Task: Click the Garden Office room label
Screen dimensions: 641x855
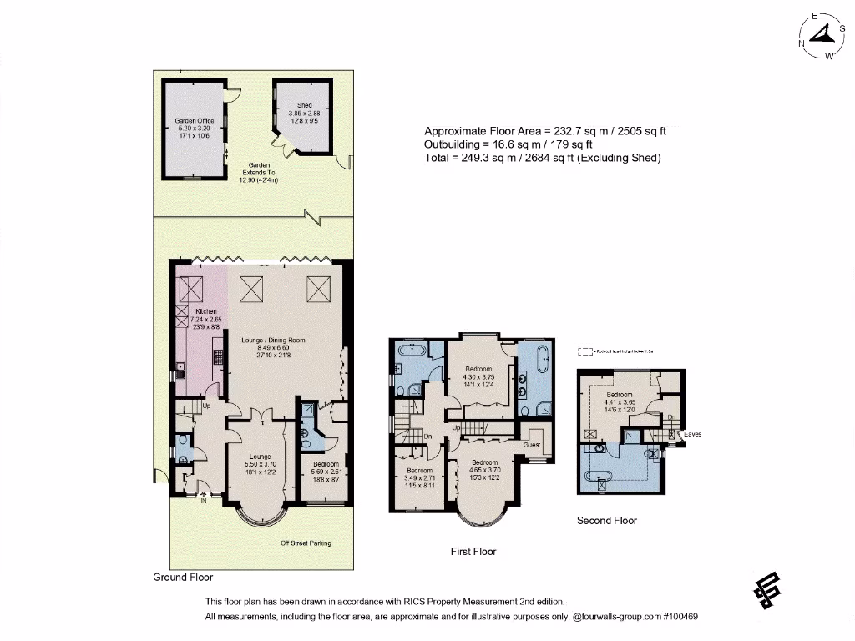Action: [194, 121]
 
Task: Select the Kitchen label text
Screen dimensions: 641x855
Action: [194, 311]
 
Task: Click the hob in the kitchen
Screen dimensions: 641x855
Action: [218, 357]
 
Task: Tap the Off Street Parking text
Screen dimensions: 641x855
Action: [306, 543]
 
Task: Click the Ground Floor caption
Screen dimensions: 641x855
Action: [183, 578]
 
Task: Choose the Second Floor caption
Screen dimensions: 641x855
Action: [607, 521]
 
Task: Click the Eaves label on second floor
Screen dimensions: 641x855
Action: [692, 435]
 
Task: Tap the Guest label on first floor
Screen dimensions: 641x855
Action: [532, 445]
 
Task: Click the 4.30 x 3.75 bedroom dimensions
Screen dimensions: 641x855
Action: [479, 376]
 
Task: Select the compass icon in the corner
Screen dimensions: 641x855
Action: [823, 35]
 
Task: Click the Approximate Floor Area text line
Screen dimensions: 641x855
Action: [545, 131]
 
